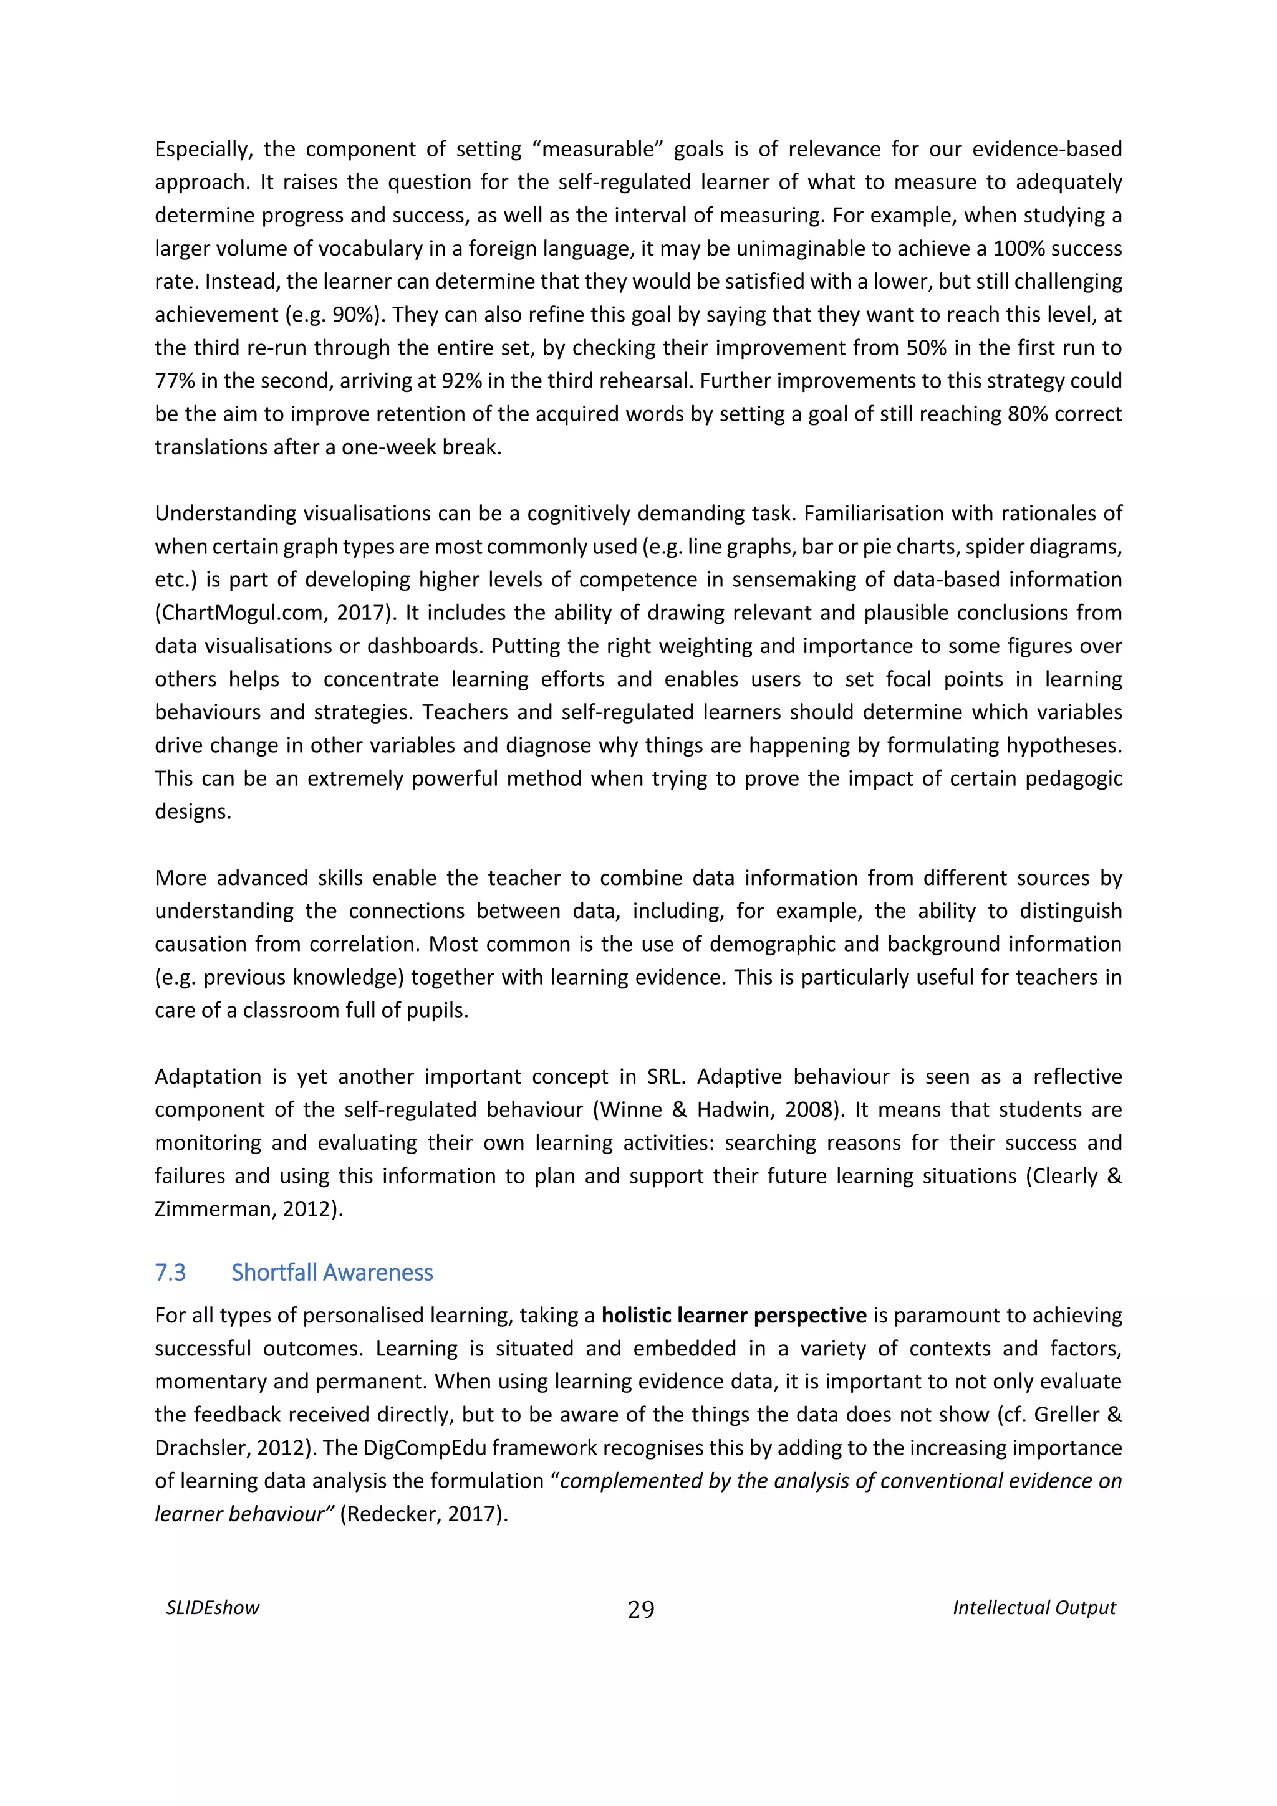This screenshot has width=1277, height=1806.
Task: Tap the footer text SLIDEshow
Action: click(213, 1608)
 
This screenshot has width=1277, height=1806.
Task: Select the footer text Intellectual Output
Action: click(1034, 1608)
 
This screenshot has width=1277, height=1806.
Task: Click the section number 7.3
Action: click(170, 1273)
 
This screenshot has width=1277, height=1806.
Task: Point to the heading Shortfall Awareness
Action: click(332, 1273)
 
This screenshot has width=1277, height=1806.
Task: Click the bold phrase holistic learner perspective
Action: click(734, 1316)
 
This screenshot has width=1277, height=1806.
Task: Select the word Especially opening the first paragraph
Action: click(201, 150)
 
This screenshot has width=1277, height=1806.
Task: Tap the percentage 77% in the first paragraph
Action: click(175, 381)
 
